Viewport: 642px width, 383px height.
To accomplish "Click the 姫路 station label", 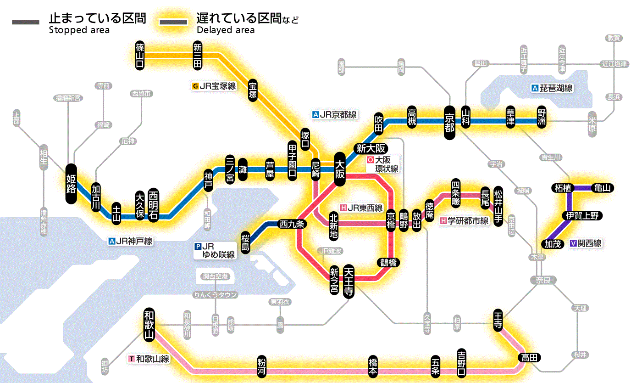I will pos(72,184).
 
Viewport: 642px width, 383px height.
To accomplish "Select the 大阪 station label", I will pos(340,169).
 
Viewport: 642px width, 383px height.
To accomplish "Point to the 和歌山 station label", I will pos(149,323).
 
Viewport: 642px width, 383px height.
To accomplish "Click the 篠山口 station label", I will pos(140,56).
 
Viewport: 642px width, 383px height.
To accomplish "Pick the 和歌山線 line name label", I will pos(149,359).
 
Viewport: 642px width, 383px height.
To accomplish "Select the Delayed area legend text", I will pos(225,30).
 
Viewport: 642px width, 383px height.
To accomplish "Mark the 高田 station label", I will pos(530,358).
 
